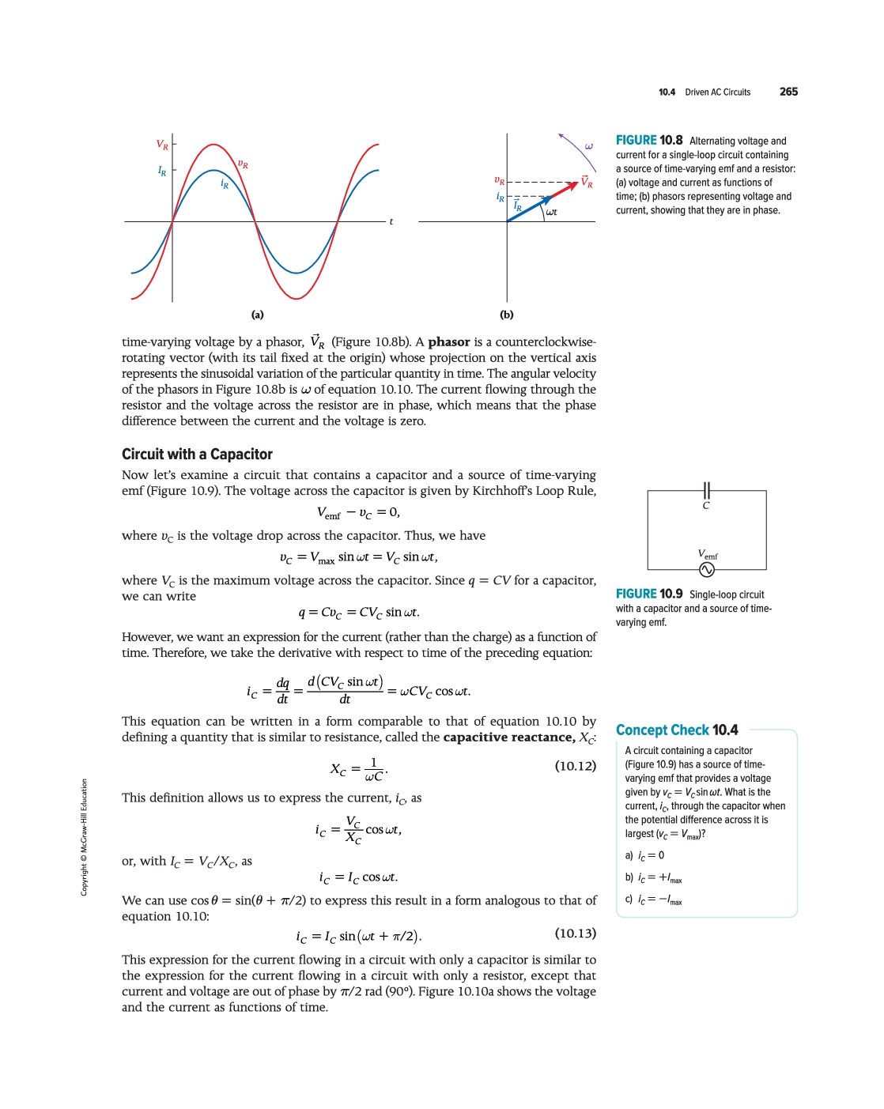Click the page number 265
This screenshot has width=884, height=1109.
pos(788,92)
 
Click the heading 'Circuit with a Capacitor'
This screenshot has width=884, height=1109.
pos(197,455)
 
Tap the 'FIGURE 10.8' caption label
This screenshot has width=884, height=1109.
pos(649,141)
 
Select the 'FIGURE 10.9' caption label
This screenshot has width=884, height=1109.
pos(649,594)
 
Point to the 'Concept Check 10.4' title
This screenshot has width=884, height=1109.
pos(677,730)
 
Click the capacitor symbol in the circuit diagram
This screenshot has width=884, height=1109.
pos(707,491)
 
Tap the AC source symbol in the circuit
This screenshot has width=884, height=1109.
pos(707,570)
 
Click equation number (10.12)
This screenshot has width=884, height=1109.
pos(576,766)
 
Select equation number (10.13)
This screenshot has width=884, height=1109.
pos(576,934)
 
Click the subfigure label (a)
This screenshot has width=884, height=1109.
pos(257,315)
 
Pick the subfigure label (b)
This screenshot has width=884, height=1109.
pos(507,315)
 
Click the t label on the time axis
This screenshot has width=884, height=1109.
pos(391,222)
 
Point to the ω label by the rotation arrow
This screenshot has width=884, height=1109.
pos(588,146)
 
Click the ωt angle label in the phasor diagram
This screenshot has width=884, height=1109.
pos(551,212)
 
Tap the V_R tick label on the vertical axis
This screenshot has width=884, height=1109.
pos(162,145)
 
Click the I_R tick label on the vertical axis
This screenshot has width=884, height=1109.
pos(162,171)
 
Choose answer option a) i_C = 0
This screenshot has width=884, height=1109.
pos(645,855)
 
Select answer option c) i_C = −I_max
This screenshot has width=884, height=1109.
pos(654,900)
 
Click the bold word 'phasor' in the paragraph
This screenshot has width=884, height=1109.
pos(449,342)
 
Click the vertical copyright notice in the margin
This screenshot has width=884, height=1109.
pos(84,838)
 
